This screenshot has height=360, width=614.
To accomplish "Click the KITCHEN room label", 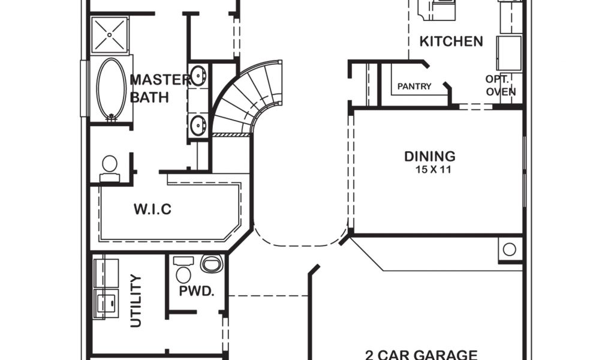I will coord(451,41).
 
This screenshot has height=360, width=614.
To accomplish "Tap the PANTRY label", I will coord(414,86).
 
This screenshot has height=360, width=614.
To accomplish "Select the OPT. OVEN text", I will coord(500,86).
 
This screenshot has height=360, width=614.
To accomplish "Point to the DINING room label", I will coord(430,157).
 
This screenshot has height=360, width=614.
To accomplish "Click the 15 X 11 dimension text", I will coord(433,170).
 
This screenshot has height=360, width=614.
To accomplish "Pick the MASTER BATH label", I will coord(150,88).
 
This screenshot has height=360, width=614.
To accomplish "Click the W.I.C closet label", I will coord(152,209).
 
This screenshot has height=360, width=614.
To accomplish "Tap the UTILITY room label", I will coord(136,301).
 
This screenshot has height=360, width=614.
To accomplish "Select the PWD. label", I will coord(197,292).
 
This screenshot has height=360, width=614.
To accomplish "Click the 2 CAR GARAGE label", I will coord(422,355).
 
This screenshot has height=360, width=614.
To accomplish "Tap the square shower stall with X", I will coord(110,35).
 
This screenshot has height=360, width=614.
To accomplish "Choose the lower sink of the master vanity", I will coord(198,125).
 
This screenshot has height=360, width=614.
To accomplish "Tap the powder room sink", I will coord(211,263).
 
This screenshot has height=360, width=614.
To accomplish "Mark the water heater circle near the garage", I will coord(510,248).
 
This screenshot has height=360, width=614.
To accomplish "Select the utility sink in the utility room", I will coord(106,301).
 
